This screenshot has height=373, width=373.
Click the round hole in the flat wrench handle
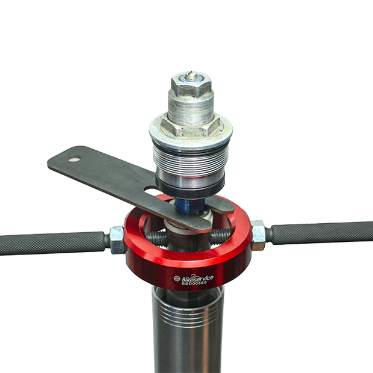[75, 158]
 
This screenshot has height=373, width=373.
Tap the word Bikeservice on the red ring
[198, 278]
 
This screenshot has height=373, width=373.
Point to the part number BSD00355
[194, 283]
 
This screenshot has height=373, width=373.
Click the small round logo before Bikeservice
[177, 279]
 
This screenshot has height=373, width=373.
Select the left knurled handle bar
[52, 244]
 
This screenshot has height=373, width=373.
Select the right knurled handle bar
[322, 233]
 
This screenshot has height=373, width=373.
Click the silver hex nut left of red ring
[117, 240]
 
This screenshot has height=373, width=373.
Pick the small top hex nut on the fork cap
[191, 85]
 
